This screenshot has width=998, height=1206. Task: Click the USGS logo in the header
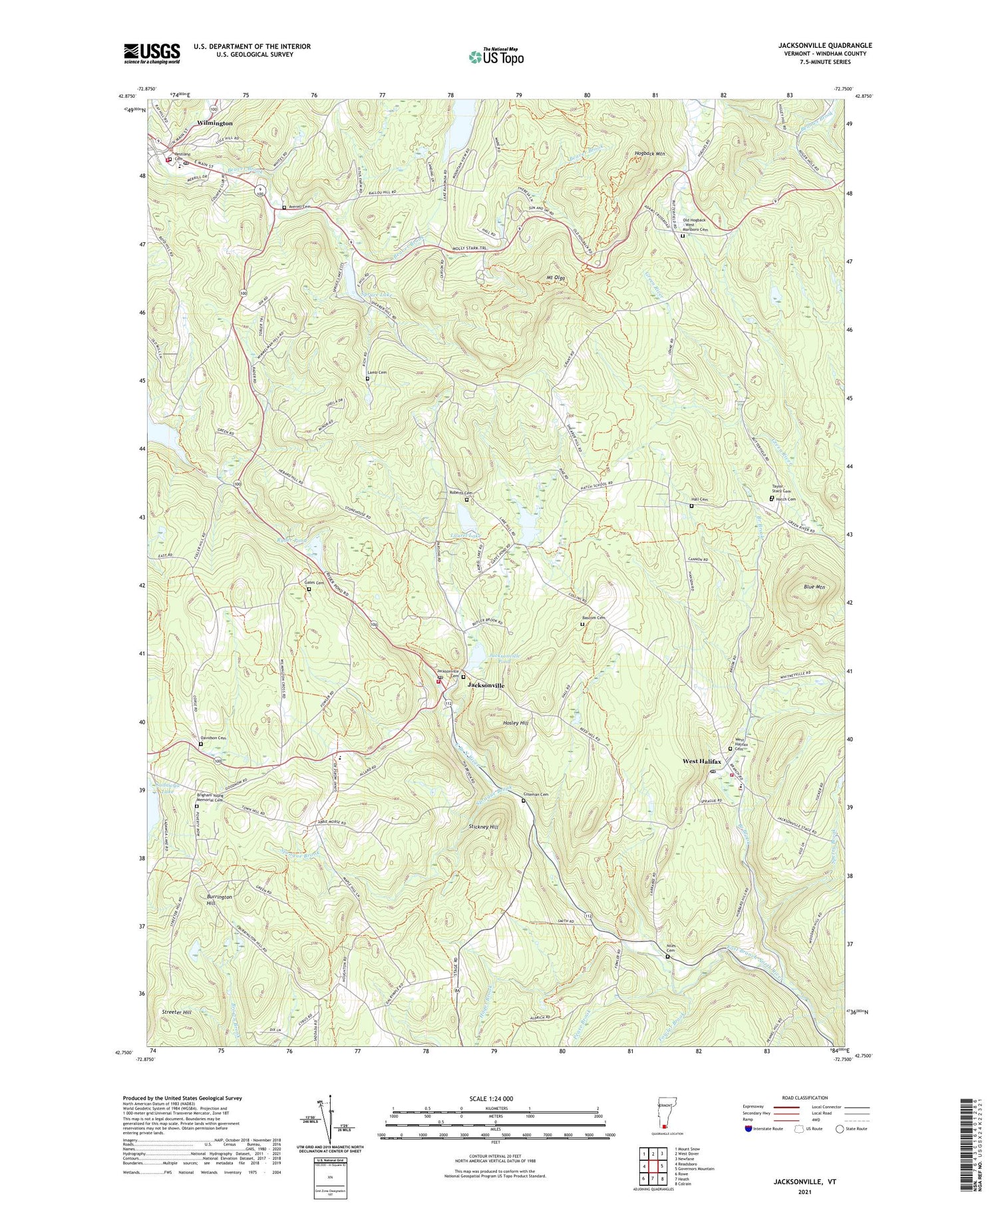tap(152, 53)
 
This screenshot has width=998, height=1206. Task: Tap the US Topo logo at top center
tap(496, 57)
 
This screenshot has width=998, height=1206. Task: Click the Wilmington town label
tap(214, 124)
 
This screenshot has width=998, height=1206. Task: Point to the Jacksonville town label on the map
tap(486, 685)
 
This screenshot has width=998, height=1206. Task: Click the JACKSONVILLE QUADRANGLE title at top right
tap(825, 45)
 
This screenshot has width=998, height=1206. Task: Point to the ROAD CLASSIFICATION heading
tap(800, 1098)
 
